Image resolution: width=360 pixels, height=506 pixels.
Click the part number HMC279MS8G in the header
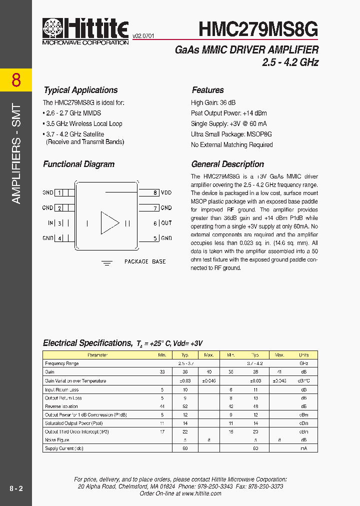pos(258,29)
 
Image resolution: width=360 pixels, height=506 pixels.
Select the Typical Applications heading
pos(80,90)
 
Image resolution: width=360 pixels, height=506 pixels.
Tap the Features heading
pos(207,90)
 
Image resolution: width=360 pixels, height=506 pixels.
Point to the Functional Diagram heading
pos(78,164)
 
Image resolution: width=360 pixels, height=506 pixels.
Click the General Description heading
pos(227,164)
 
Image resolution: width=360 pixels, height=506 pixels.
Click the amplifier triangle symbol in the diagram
pos(109,223)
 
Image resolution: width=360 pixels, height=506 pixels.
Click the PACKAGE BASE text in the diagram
pos(145,261)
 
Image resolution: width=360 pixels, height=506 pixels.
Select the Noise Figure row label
pos(57,440)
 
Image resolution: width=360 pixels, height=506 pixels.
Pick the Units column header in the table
pos(303,355)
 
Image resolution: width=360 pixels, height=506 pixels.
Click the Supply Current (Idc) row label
pos(64,448)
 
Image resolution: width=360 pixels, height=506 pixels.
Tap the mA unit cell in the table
pos(303,448)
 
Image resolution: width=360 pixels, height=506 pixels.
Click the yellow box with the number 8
pos(16,80)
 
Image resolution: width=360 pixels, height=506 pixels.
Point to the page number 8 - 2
pos(16,488)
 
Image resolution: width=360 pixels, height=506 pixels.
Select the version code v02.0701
pos(143,36)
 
